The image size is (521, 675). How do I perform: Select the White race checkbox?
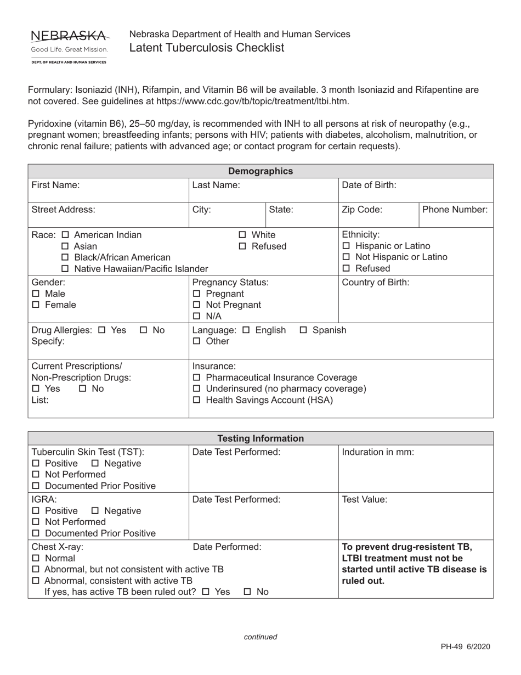[x=243, y=235]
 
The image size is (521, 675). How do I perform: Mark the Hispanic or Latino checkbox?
[x=346, y=246]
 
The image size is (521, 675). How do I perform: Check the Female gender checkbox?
[x=36, y=305]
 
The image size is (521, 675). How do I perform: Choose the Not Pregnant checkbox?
[x=197, y=305]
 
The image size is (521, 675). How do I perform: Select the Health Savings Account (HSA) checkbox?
[x=197, y=401]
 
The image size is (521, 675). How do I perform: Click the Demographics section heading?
[x=260, y=171]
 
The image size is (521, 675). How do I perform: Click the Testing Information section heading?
[x=260, y=438]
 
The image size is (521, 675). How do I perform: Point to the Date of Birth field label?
[x=369, y=185]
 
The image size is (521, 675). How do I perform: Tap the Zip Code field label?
[x=362, y=210]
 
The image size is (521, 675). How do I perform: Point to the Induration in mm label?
[x=378, y=452]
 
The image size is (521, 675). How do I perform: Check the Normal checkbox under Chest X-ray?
[x=36, y=559]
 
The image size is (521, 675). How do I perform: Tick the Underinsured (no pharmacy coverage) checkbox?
[x=197, y=389]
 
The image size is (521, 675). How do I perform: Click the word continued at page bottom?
[x=260, y=637]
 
